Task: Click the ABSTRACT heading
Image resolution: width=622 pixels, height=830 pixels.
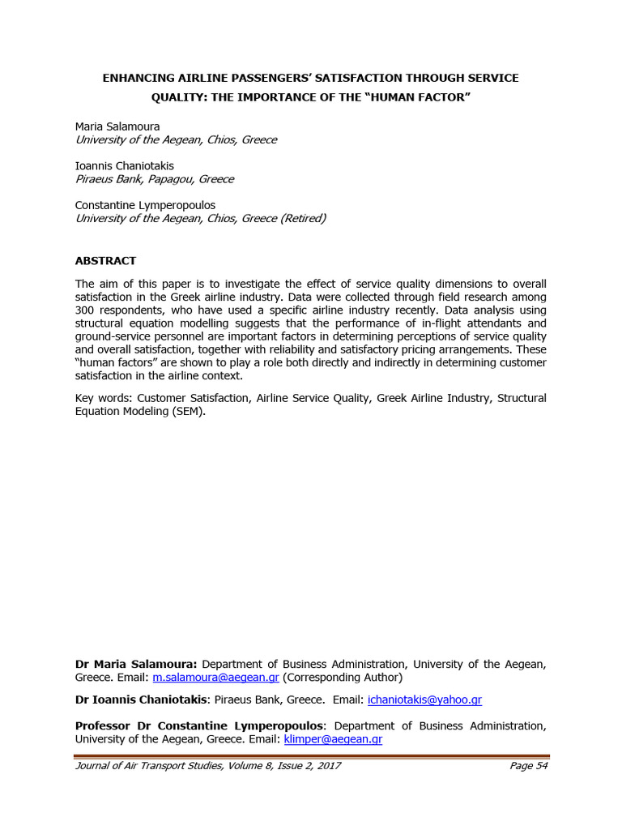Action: pyautogui.click(x=105, y=261)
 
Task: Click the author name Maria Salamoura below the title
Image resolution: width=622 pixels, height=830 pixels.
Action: pyautogui.click(x=117, y=126)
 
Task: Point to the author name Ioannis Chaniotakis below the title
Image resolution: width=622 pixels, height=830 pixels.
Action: pyautogui.click(x=124, y=166)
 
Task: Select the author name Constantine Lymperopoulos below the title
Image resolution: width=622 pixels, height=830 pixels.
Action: pyautogui.click(x=145, y=205)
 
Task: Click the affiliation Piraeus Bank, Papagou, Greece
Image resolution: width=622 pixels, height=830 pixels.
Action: pyautogui.click(x=154, y=179)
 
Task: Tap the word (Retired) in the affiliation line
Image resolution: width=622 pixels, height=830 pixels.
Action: pyautogui.click(x=302, y=218)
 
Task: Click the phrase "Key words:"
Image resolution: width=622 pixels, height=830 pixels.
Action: pyautogui.click(x=104, y=398)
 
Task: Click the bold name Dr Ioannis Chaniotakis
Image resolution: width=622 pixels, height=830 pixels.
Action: pyautogui.click(x=141, y=700)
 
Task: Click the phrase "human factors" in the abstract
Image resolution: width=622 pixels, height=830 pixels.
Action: pyautogui.click(x=111, y=362)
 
